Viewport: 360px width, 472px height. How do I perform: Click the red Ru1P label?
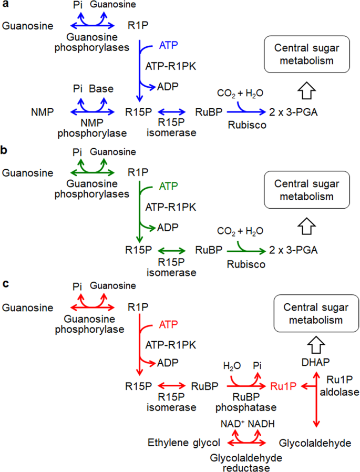click(x=281, y=386)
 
